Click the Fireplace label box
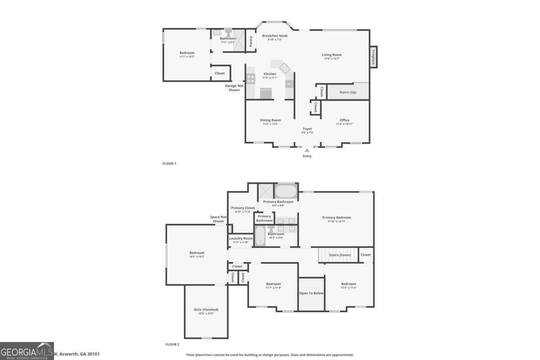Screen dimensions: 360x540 [373, 57]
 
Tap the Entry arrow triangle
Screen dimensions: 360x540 [307, 150]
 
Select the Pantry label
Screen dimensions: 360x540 [251, 41]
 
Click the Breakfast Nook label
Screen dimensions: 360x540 [274, 36]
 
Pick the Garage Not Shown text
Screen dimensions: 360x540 [234, 88]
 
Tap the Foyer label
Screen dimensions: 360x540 [307, 129]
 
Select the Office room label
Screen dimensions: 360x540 [344, 120]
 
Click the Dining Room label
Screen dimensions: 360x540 [270, 120]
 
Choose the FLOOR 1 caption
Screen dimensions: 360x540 [169, 163]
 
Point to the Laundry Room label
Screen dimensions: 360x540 [241, 238]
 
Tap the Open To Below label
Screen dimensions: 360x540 [311, 293]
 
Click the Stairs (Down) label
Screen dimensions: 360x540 [340, 255]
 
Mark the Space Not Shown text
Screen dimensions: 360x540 [218, 219]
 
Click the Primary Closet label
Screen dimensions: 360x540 [243, 208]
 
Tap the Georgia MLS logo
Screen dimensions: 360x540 [27, 351]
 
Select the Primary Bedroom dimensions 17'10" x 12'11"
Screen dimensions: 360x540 [336, 221]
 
